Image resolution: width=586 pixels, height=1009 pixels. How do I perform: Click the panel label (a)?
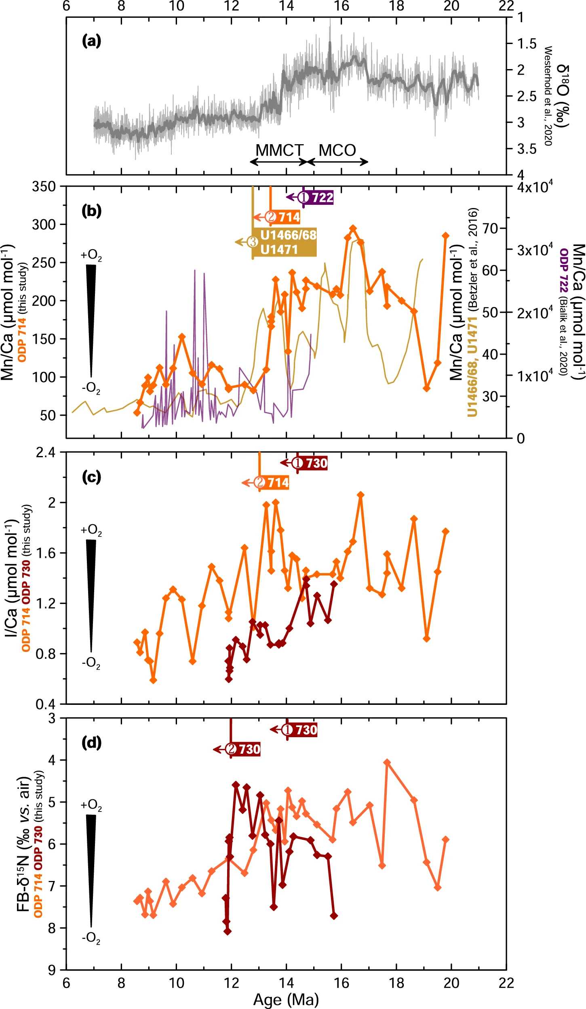[x=91, y=41]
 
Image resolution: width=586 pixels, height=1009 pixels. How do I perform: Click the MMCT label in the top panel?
[x=279, y=150]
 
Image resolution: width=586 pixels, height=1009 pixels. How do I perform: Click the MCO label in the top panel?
[x=337, y=150]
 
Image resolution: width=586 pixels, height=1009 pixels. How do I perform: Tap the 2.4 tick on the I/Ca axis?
[x=45, y=452]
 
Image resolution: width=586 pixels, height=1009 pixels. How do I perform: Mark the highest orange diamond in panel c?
[x=361, y=495]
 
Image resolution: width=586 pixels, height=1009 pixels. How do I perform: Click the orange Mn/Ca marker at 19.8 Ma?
[x=446, y=236]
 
